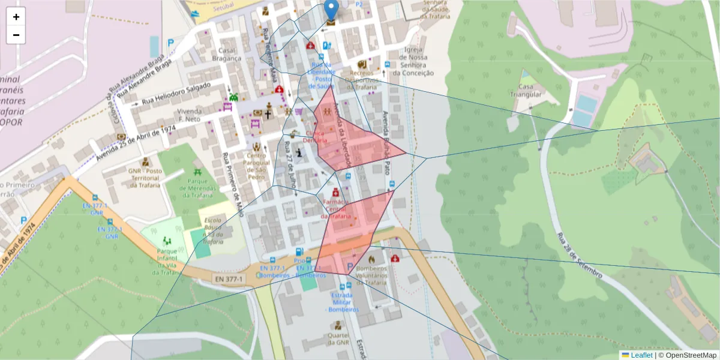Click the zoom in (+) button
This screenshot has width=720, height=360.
coord(16,17)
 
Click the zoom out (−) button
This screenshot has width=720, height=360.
coord(16,35)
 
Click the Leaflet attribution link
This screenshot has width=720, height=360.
coord(641,355)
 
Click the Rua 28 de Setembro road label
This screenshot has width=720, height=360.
coord(578,254)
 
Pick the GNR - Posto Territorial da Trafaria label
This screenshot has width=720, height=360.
coord(145,178)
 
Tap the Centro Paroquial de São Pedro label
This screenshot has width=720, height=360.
coord(257,166)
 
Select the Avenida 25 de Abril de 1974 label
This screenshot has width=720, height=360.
coord(135,143)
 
